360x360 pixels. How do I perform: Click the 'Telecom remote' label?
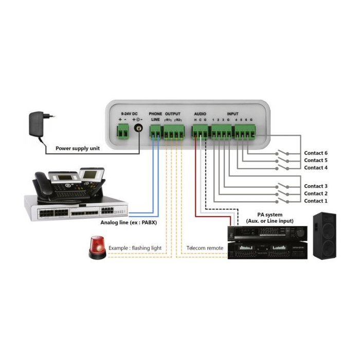point(205,248)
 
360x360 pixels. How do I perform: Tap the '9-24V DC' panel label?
point(129,113)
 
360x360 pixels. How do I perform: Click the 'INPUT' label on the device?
point(233,113)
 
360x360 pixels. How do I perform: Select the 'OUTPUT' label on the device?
point(173,113)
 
